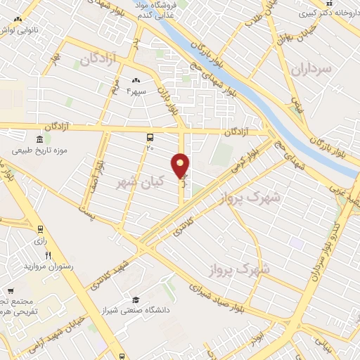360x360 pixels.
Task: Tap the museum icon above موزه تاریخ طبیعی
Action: (37, 138)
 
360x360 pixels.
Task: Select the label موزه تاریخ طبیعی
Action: (38, 151)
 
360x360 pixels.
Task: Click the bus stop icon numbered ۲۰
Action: (150, 138)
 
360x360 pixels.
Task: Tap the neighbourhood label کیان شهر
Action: (140, 181)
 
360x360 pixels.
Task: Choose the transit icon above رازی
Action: (39, 229)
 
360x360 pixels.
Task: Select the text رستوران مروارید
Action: (44, 267)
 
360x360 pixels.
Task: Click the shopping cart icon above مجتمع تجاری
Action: (10, 290)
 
